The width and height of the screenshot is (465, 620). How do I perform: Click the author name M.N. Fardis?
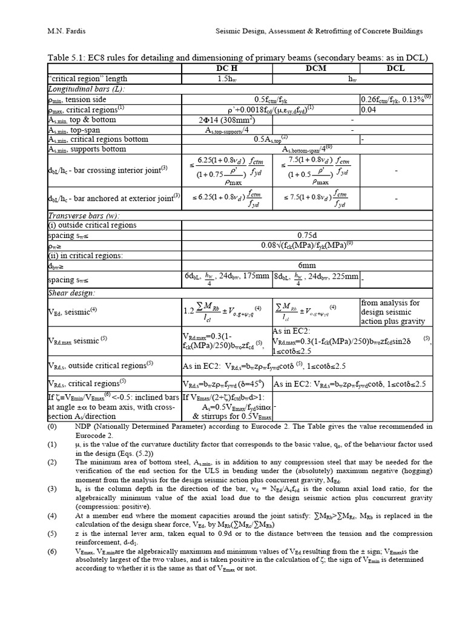[x=68, y=31]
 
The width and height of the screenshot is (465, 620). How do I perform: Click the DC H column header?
[x=227, y=68]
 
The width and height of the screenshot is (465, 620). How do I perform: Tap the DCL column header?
[x=395, y=68]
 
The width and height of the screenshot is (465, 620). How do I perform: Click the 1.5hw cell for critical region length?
[x=227, y=79]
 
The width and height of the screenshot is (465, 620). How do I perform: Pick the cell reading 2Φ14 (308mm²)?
[x=227, y=120]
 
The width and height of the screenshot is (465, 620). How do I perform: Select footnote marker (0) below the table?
[x=51, y=426]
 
